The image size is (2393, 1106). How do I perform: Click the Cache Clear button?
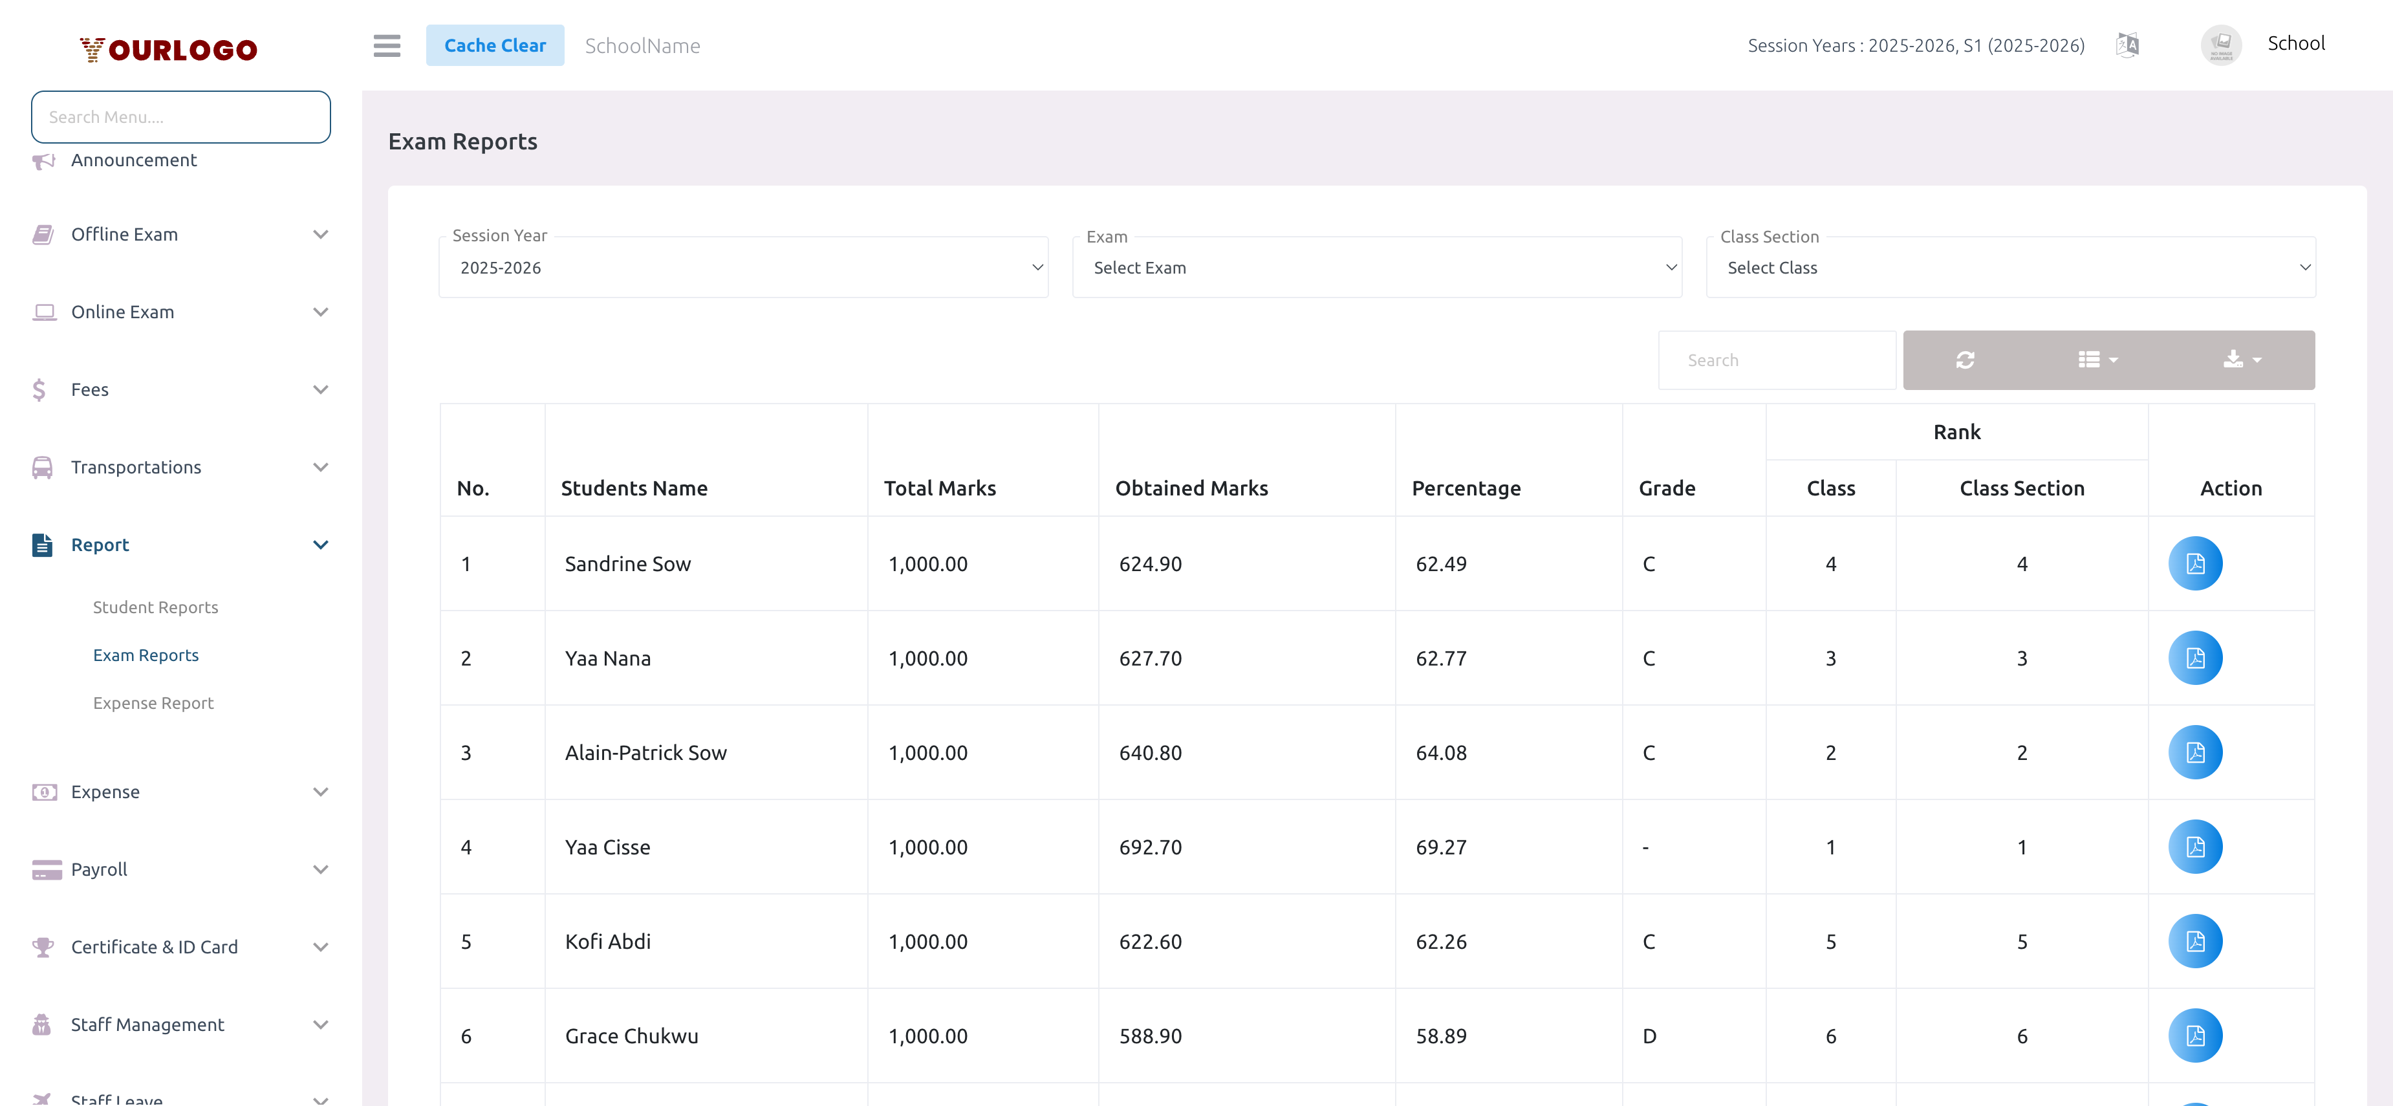click(x=494, y=45)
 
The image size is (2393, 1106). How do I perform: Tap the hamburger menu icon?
click(x=387, y=45)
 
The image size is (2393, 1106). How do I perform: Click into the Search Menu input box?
click(x=180, y=117)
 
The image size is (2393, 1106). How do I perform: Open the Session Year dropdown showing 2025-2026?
click(x=743, y=268)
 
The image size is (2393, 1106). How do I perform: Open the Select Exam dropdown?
click(x=1377, y=268)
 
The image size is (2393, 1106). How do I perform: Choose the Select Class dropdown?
click(x=2010, y=268)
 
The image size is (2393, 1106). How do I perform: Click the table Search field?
click(x=1776, y=360)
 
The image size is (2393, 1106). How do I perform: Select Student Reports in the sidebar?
click(x=155, y=607)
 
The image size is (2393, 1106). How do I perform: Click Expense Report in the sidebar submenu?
click(x=153, y=703)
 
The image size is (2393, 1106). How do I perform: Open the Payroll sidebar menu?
click(x=100, y=869)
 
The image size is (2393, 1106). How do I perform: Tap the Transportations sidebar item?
click(x=136, y=467)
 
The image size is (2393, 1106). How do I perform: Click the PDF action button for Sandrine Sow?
click(x=2195, y=564)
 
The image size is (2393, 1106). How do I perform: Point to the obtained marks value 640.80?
click(x=1150, y=753)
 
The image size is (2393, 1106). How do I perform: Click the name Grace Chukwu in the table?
click(x=632, y=1036)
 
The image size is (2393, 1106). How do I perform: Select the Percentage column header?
click(x=1466, y=488)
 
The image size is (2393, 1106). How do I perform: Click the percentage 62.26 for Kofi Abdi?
click(x=1441, y=942)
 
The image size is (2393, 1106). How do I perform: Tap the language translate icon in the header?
click(x=2127, y=45)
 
